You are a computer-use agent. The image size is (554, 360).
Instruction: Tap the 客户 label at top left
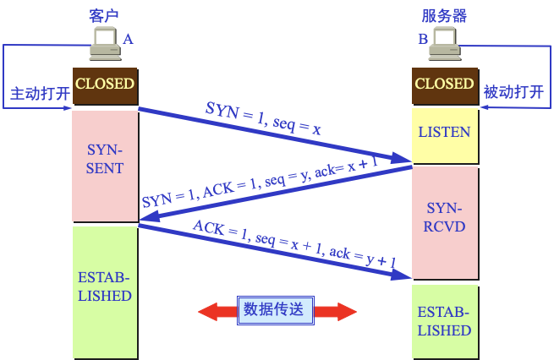coord(104,14)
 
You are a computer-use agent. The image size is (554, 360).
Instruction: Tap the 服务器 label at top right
coord(444,14)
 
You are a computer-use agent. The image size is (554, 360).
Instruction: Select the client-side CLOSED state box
coord(105,85)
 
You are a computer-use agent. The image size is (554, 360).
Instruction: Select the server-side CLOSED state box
coord(445,85)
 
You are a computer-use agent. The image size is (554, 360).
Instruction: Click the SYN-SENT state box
coord(105,159)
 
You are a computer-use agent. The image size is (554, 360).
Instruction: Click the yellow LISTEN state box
coord(445,134)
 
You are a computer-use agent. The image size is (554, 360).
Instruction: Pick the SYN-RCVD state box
coord(445,218)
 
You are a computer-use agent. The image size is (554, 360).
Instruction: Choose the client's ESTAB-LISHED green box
coord(105,287)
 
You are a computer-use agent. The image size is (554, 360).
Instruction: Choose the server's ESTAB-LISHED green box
coord(445,321)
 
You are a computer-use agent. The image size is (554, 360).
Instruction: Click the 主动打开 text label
coord(40,93)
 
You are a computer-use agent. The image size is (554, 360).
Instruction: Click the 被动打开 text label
coord(513,93)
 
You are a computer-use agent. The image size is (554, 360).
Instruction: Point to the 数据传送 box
coord(276,310)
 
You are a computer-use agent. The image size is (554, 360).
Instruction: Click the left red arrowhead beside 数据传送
coord(211,311)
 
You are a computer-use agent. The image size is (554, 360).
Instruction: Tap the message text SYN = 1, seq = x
coord(262,119)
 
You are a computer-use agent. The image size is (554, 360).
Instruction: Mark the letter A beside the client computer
coord(129,39)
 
